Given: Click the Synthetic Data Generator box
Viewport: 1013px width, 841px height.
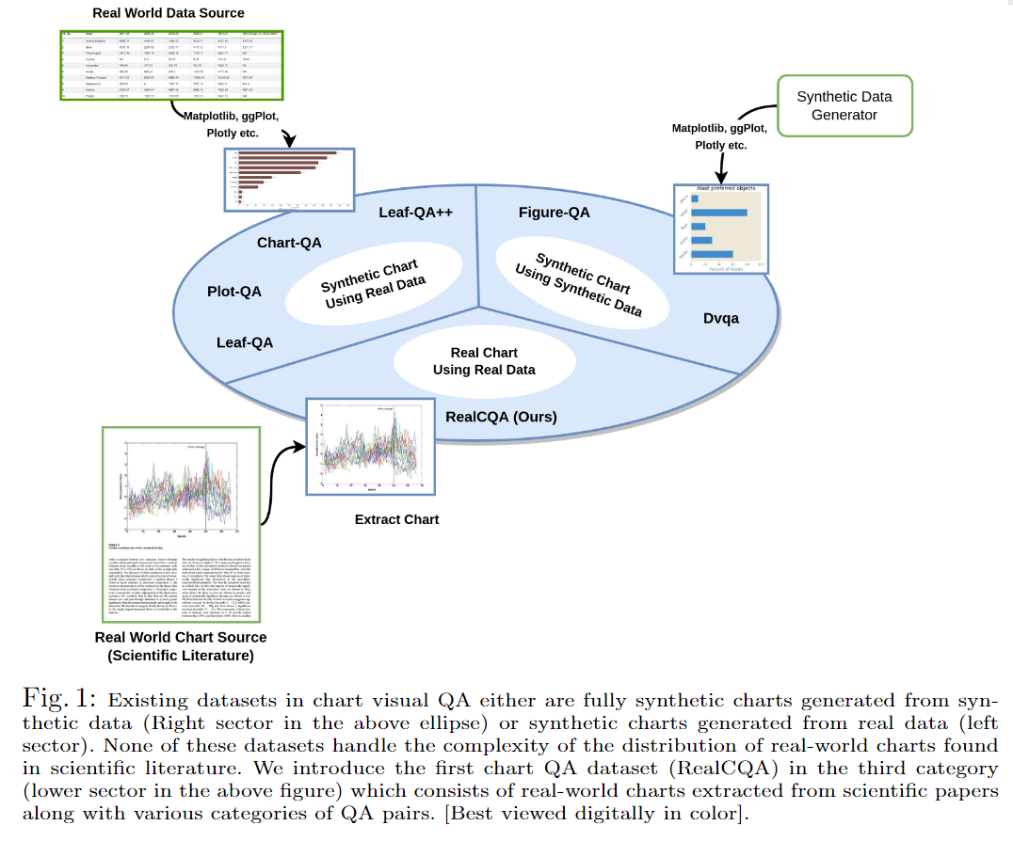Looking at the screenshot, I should pyautogui.click(x=844, y=105).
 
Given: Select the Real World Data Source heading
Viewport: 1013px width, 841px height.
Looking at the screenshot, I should pyautogui.click(x=169, y=13).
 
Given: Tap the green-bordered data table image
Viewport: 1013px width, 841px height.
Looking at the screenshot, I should pyautogui.click(x=169, y=65).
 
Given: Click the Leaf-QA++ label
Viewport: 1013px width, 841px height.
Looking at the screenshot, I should pyautogui.click(x=416, y=213).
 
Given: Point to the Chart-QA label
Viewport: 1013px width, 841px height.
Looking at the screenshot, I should pyautogui.click(x=289, y=243).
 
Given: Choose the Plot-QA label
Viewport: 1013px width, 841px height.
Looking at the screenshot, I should pyautogui.click(x=234, y=292).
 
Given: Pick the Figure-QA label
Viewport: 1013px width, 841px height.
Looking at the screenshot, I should pyautogui.click(x=555, y=213).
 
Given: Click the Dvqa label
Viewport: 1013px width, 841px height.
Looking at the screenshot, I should pyautogui.click(x=721, y=318).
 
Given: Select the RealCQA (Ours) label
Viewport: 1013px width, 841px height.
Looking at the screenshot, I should pyautogui.click(x=501, y=417).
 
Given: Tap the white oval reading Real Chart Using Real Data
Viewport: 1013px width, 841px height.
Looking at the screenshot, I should pyautogui.click(x=484, y=361).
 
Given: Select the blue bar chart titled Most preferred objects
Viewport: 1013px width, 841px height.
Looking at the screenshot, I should pyautogui.click(x=722, y=229).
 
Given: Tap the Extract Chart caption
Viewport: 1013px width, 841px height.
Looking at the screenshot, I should pyautogui.click(x=396, y=519).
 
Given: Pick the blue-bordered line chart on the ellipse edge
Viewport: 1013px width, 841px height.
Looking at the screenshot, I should pyautogui.click(x=370, y=446).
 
